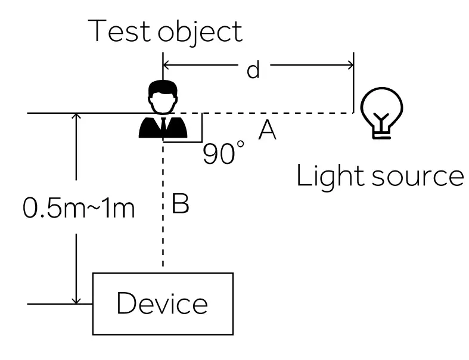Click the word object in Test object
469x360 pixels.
pyautogui.click(x=201, y=32)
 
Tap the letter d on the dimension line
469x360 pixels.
pyautogui.click(x=253, y=70)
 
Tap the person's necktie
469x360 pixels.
pyautogui.click(x=163, y=126)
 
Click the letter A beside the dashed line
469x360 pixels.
pyautogui.click(x=267, y=129)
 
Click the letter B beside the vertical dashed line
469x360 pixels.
pyautogui.click(x=180, y=203)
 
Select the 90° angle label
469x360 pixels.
pyautogui.click(x=223, y=154)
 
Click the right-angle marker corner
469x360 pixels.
pyautogui.click(x=201, y=141)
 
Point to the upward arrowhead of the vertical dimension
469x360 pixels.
pyautogui.click(x=76, y=118)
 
